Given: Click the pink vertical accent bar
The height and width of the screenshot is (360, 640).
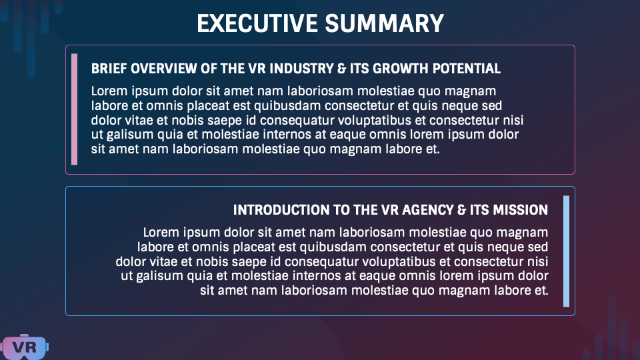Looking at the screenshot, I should (x=74, y=109).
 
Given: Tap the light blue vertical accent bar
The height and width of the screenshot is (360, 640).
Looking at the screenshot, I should (x=566, y=251).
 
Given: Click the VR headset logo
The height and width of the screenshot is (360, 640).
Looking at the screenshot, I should (x=25, y=346).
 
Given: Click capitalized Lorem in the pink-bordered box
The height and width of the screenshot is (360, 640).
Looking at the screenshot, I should (x=107, y=91).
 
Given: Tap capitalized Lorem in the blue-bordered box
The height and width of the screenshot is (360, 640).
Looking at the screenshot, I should (x=159, y=233).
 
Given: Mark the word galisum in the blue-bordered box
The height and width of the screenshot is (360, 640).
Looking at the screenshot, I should (x=161, y=276).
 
